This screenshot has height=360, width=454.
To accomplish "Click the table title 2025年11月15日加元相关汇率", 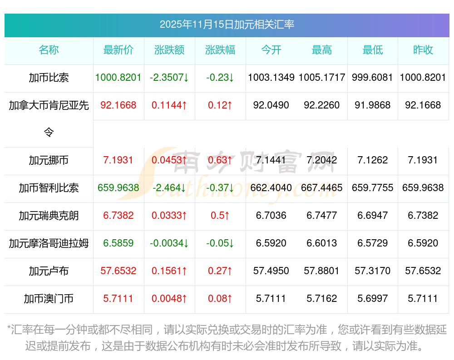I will pos(227,24).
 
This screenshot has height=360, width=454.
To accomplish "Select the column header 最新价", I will pos(118,50).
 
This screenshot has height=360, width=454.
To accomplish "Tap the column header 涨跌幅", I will pos(220,50).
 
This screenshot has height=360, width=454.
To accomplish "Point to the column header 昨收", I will pos(423,50).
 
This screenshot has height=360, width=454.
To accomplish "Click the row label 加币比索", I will pos(49,78).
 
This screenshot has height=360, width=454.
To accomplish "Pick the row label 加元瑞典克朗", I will pos(49,216).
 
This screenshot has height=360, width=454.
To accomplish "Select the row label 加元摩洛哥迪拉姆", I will pos(49,243).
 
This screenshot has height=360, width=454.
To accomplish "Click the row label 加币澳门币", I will pos(49,299).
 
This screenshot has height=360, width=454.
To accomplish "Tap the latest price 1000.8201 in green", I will pos(118,78).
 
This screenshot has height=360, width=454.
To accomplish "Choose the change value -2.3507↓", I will pos(169,78).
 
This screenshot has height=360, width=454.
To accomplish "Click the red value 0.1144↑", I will pos(169,105).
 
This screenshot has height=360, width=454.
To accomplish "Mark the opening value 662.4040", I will pos(271,188).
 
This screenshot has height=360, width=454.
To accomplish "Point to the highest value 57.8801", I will pos(322,271).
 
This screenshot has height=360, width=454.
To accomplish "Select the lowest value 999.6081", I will pos(373,78).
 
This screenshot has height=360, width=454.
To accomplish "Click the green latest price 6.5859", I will pos(118,243).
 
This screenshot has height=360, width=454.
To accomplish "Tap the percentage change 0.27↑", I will pos(220,271).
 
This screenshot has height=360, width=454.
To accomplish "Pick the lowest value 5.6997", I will pos(373,299).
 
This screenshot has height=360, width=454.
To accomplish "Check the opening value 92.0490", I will pos(271,105).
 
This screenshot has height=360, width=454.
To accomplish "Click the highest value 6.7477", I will pos(322,216).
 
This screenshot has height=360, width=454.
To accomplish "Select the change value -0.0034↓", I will pos(169,243).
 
